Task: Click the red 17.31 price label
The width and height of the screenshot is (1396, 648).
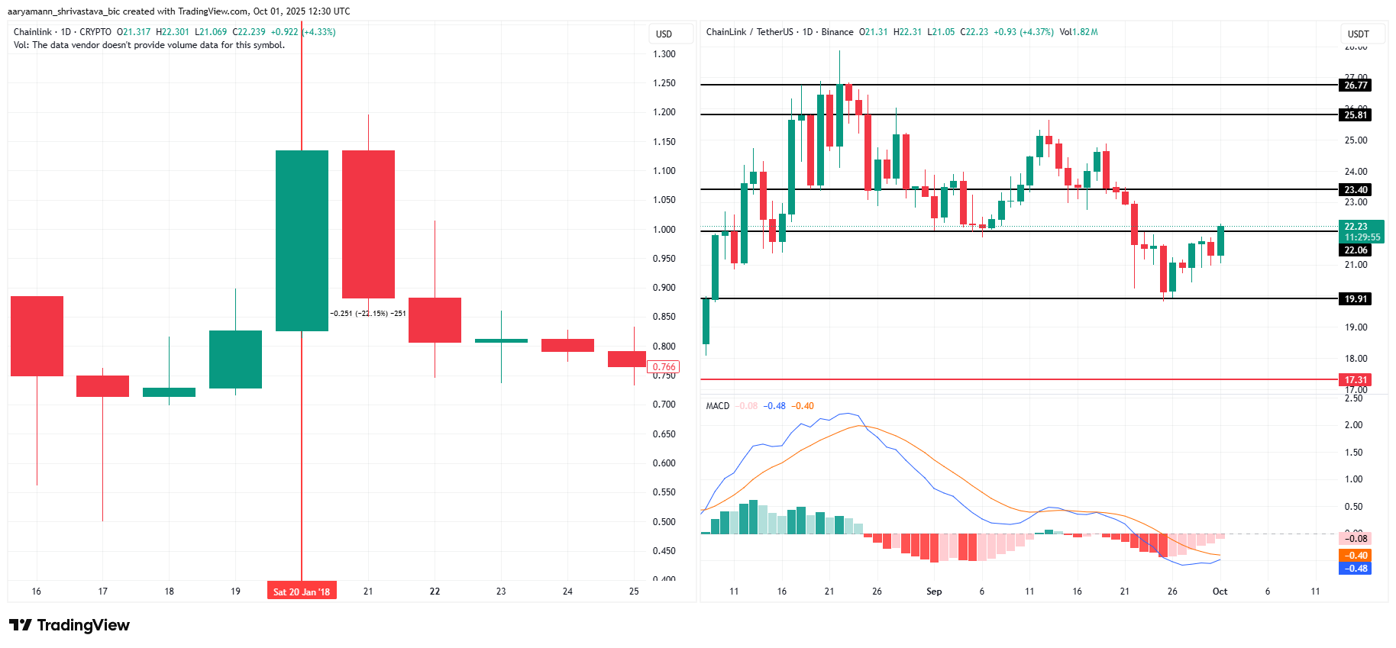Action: coord(1356,379)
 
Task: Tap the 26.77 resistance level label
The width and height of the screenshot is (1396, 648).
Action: coord(1356,85)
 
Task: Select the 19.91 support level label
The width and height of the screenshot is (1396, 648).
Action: coord(1356,298)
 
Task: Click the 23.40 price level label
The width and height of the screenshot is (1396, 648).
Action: coord(1356,189)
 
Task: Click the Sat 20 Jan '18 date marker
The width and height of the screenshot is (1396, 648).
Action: coord(302,592)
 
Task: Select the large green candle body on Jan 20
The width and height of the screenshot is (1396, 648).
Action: coord(302,240)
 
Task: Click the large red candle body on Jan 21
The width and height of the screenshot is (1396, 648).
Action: coord(368,224)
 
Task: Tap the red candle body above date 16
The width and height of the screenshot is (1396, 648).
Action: coord(37,336)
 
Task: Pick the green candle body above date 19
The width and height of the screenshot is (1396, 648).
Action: coord(235,359)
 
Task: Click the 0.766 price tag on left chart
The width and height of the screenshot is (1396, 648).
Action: coord(664,367)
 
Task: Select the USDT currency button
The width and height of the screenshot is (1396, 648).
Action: coord(1359,34)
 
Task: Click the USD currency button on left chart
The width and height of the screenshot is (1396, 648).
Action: coord(664,34)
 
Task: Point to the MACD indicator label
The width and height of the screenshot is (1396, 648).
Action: coord(717,406)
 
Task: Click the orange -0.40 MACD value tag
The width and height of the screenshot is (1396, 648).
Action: coord(1356,556)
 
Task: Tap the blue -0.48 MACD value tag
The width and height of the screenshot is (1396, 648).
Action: coord(1356,568)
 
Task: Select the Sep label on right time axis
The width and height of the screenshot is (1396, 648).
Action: coord(933,592)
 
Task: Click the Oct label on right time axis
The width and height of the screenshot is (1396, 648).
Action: coord(1220,592)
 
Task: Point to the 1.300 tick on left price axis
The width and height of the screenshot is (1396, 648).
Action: coord(664,54)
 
